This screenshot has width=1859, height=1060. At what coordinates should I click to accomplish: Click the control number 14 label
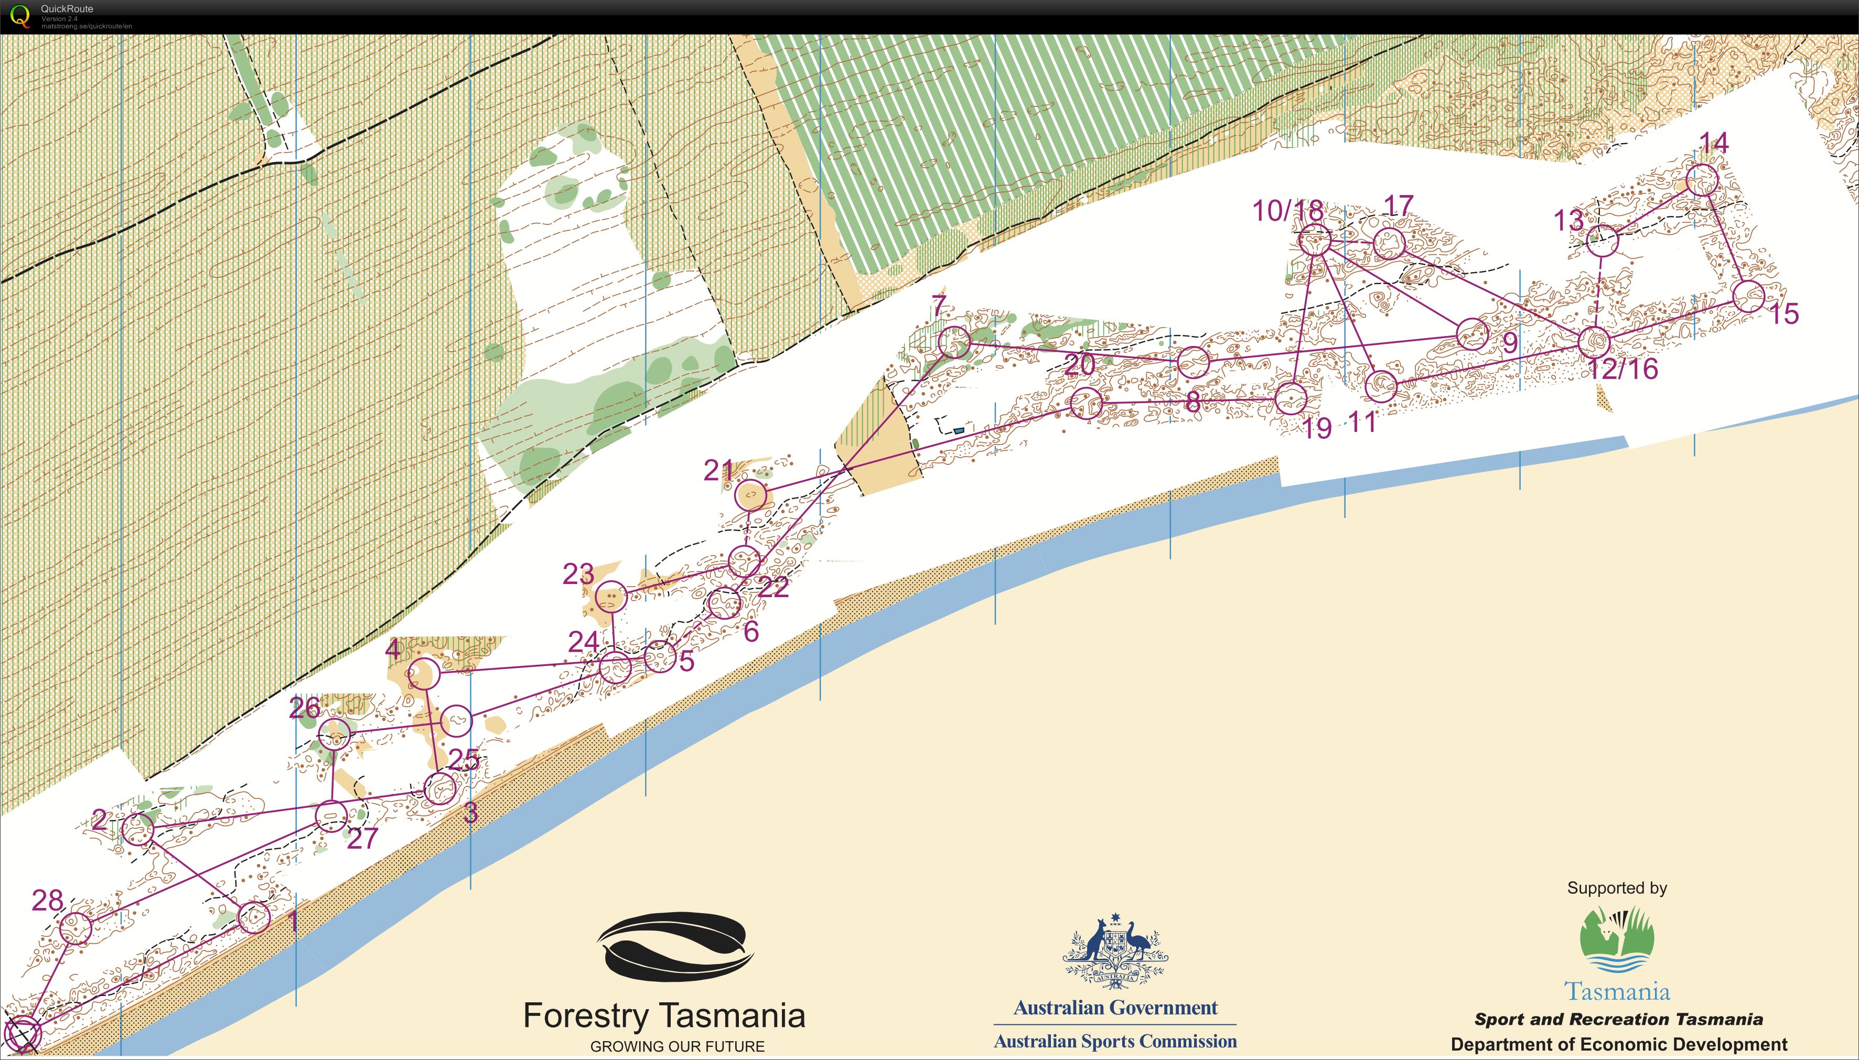[1713, 144]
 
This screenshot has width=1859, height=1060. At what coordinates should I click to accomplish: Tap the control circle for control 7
[954, 342]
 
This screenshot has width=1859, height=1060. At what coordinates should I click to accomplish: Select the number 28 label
[47, 901]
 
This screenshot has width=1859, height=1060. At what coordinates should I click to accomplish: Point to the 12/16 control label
[1622, 369]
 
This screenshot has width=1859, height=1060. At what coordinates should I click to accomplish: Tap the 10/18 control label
[1287, 211]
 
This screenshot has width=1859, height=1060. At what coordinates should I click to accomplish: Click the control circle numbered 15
[1748, 296]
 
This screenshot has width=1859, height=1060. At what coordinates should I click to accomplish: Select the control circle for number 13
[1602, 241]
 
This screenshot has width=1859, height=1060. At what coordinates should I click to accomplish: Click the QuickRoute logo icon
[19, 15]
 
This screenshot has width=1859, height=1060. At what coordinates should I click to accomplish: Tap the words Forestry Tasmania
[664, 1015]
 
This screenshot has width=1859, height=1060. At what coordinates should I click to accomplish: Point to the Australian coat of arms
[1115, 950]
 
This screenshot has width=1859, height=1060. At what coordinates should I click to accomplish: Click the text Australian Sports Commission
[1115, 1042]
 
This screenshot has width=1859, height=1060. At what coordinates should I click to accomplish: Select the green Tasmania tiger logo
[1617, 939]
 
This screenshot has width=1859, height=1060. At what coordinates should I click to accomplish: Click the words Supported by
[1617, 888]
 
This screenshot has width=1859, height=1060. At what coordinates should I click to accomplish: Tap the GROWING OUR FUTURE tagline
[677, 1047]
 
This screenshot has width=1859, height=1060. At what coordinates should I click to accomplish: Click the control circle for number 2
[137, 828]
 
